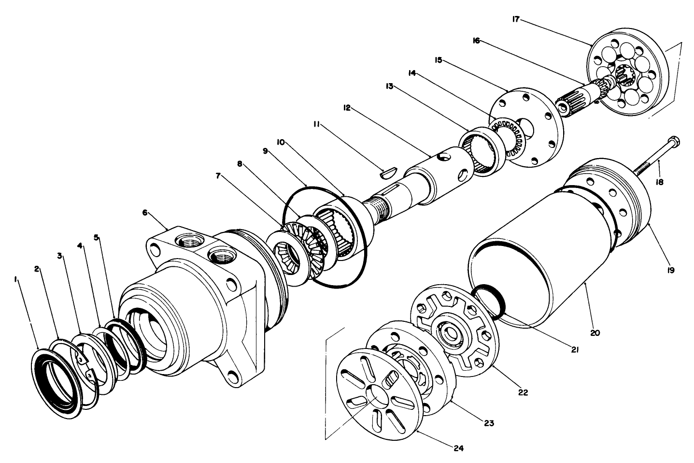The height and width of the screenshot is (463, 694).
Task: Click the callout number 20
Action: [595, 333]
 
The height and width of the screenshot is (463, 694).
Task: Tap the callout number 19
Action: [671, 270]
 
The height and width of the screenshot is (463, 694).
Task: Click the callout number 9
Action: [265, 151]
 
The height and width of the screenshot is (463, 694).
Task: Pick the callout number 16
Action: [476, 41]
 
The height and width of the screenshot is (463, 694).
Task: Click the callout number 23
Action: [489, 423]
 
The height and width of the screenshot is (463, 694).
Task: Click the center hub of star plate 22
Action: [452, 333]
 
